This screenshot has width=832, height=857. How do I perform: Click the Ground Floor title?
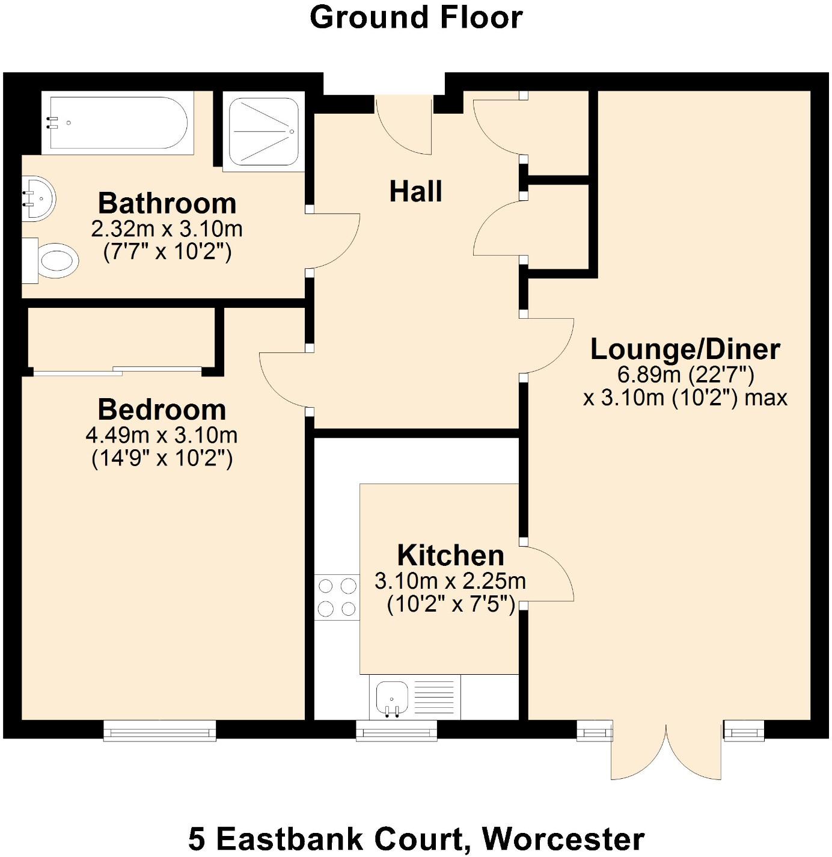[x=415, y=17]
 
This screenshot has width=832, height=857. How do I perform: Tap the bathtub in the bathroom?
[x=118, y=123]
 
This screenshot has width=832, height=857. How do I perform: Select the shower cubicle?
[x=263, y=131]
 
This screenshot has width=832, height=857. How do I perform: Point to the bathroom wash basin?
[x=38, y=198]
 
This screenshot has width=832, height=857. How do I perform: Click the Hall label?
[x=415, y=192]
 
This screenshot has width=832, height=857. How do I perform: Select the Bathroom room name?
[x=167, y=203]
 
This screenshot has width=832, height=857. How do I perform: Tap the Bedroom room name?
[x=162, y=410]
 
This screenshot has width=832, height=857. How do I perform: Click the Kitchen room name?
[x=450, y=556]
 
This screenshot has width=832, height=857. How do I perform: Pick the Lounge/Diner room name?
[x=685, y=349]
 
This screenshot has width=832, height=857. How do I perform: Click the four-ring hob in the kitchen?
[x=337, y=597]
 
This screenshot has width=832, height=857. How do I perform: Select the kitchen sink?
[x=392, y=698]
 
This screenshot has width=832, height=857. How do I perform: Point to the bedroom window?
[x=159, y=730]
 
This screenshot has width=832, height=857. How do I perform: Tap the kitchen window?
[x=396, y=731]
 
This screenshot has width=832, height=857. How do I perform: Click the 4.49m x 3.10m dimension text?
[x=162, y=435]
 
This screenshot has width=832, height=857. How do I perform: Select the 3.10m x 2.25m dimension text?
[x=450, y=581]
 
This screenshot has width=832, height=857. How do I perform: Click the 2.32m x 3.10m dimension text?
[x=167, y=229]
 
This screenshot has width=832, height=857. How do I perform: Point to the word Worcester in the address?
[x=563, y=838]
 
